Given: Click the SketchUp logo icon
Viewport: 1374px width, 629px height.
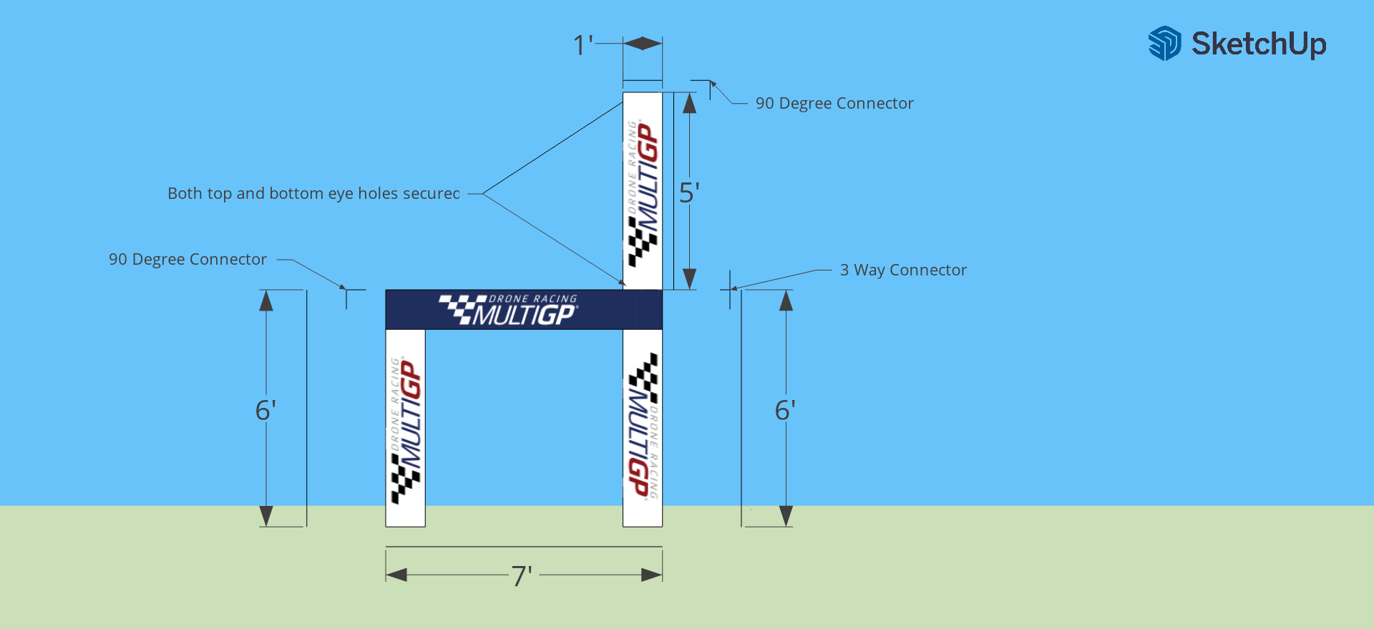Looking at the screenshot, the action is pyautogui.click(x=1164, y=44).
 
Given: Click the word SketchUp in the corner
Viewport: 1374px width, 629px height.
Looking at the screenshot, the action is pyautogui.click(x=1259, y=44).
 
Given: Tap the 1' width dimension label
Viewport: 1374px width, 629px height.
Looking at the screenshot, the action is pyautogui.click(x=583, y=46).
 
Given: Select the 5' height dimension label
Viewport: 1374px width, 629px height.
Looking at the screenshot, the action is pyautogui.click(x=689, y=193).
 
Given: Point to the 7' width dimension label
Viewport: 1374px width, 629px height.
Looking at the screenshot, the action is pyautogui.click(x=522, y=576).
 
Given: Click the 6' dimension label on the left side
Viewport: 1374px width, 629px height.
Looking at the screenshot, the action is pyautogui.click(x=265, y=410).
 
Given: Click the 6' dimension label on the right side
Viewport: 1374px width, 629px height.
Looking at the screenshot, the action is pyautogui.click(x=785, y=410).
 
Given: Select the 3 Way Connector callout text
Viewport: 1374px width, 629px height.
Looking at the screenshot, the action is pyautogui.click(x=903, y=270).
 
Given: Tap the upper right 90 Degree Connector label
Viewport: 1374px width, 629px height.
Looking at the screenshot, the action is pyautogui.click(x=834, y=103).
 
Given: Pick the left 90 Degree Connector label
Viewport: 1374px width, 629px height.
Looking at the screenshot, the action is pyautogui.click(x=187, y=259).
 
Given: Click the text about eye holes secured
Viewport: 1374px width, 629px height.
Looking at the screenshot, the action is pyautogui.click(x=313, y=193).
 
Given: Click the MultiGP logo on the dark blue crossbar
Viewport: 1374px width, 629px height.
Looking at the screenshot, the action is pyautogui.click(x=508, y=310).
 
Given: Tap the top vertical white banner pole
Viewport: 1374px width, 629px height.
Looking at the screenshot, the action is pyautogui.click(x=643, y=190).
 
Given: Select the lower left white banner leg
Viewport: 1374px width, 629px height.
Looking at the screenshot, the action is pyautogui.click(x=406, y=428).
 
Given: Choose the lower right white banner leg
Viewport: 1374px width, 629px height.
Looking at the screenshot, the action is pyautogui.click(x=643, y=428).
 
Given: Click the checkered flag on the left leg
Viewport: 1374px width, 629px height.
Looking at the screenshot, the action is pyautogui.click(x=405, y=478).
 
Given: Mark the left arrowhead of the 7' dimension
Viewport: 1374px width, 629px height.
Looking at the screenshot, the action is pyautogui.click(x=396, y=575).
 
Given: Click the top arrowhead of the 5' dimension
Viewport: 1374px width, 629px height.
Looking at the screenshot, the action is pyautogui.click(x=689, y=103).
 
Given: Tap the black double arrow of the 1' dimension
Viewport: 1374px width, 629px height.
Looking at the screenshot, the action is pyautogui.click(x=643, y=44).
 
